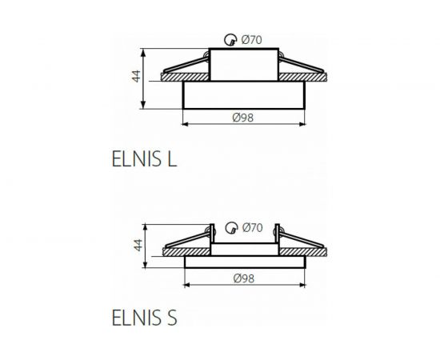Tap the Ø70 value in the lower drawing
[x=251, y=227]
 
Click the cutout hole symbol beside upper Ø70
[x=231, y=38]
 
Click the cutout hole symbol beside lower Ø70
[x=231, y=228]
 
